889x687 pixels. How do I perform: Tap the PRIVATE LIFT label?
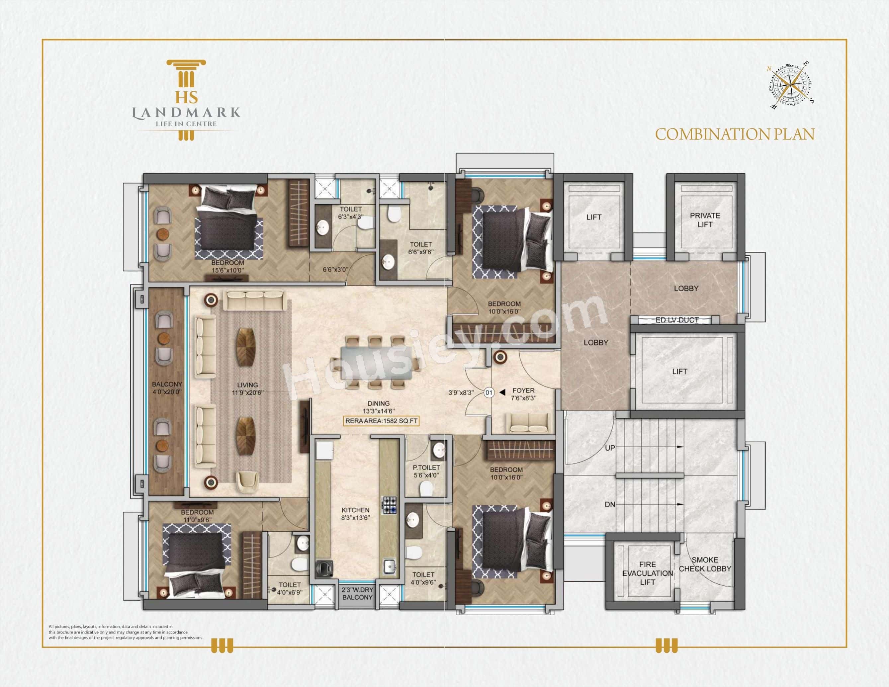705,220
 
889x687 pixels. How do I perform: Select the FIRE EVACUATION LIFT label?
647,573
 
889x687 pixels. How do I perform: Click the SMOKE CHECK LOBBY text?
705,564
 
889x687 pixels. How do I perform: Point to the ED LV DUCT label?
676,320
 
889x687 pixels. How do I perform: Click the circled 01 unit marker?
489,393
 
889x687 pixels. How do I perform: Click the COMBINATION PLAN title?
734,134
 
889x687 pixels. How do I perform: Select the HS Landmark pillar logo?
186,100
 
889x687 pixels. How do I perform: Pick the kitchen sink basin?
390,566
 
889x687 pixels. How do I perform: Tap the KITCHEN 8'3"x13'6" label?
355,514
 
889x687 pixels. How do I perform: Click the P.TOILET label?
426,471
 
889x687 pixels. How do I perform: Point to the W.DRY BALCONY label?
357,594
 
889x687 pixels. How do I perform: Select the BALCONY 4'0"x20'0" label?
167,387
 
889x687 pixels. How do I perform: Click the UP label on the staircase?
610,448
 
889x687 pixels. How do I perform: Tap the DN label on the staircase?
609,505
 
